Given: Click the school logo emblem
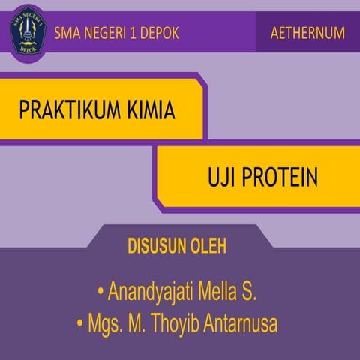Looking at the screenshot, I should pyautogui.click(x=28, y=29).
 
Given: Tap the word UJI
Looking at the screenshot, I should pyautogui.click(x=222, y=178).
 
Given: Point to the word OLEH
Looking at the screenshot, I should pyautogui.click(x=209, y=247).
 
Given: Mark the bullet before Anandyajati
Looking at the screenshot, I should pyautogui.click(x=100, y=291).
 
